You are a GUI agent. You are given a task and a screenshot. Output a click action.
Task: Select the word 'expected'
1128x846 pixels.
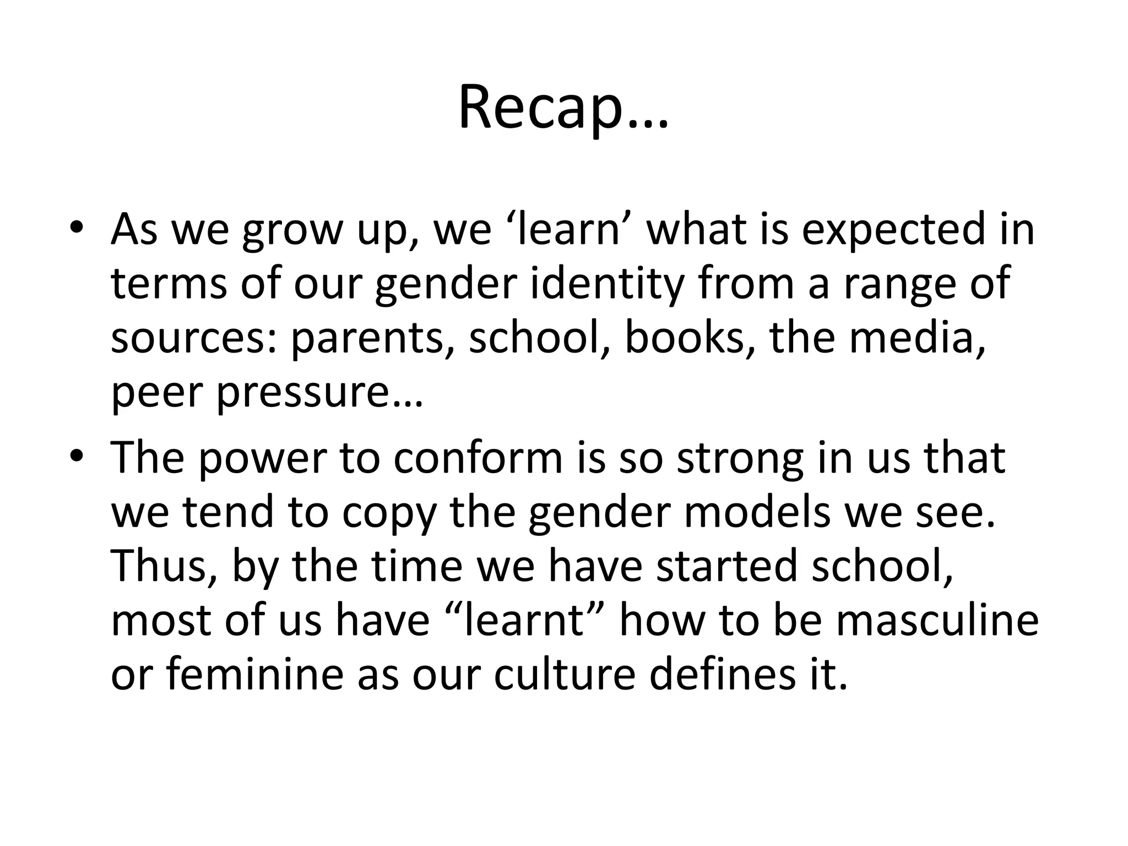pyautogui.click(x=892, y=229)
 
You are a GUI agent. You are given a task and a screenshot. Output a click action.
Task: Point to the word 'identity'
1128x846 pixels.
pyautogui.click(x=606, y=284)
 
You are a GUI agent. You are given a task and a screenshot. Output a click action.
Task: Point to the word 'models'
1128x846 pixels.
pyautogui.click(x=757, y=511)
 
